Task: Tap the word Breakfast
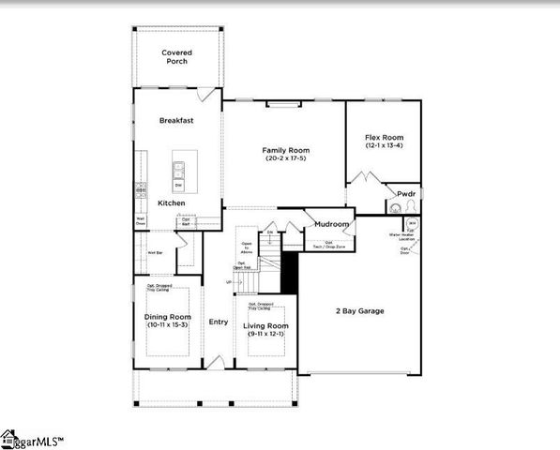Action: point(175,120)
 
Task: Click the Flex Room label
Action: point(383,138)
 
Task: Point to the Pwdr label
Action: point(405,194)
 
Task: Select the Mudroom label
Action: point(332,225)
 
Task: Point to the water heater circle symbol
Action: point(412,224)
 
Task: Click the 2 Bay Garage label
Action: point(359,310)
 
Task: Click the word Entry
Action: point(218,322)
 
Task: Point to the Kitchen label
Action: point(171,202)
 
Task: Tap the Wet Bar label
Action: point(156,252)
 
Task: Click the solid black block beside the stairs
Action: point(290,273)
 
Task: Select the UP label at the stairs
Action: point(228,282)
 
